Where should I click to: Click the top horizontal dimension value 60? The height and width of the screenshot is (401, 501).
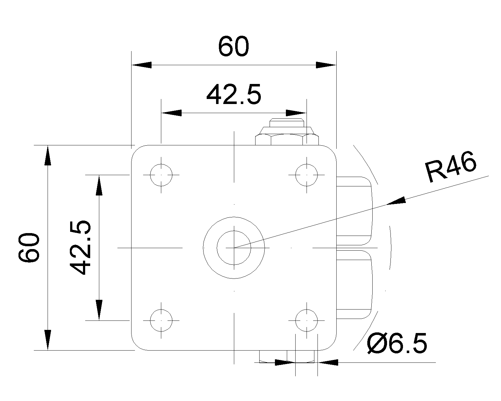pyautogui.click(x=234, y=46)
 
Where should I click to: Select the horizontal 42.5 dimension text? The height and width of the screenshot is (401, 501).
pyautogui.click(x=234, y=94)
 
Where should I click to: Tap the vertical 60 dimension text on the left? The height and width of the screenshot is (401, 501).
pyautogui.click(x=29, y=248)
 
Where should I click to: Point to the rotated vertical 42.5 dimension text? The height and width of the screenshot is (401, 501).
pyautogui.click(x=80, y=247)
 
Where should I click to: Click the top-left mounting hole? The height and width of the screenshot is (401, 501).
pyautogui.click(x=161, y=175)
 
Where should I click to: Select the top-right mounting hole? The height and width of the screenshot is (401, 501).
pyautogui.click(x=307, y=175)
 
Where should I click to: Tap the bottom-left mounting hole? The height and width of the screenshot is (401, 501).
pyautogui.click(x=161, y=320)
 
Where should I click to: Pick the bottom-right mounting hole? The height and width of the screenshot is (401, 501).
pyautogui.click(x=307, y=320)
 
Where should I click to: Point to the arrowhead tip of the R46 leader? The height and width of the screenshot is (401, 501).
pyautogui.click(x=386, y=205)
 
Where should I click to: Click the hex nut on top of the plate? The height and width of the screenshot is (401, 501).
pyautogui.click(x=287, y=139)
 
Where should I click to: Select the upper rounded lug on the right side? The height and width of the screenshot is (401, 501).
pyautogui.click(x=354, y=211)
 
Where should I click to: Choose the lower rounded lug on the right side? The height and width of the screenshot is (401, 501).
pyautogui.click(x=354, y=284)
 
